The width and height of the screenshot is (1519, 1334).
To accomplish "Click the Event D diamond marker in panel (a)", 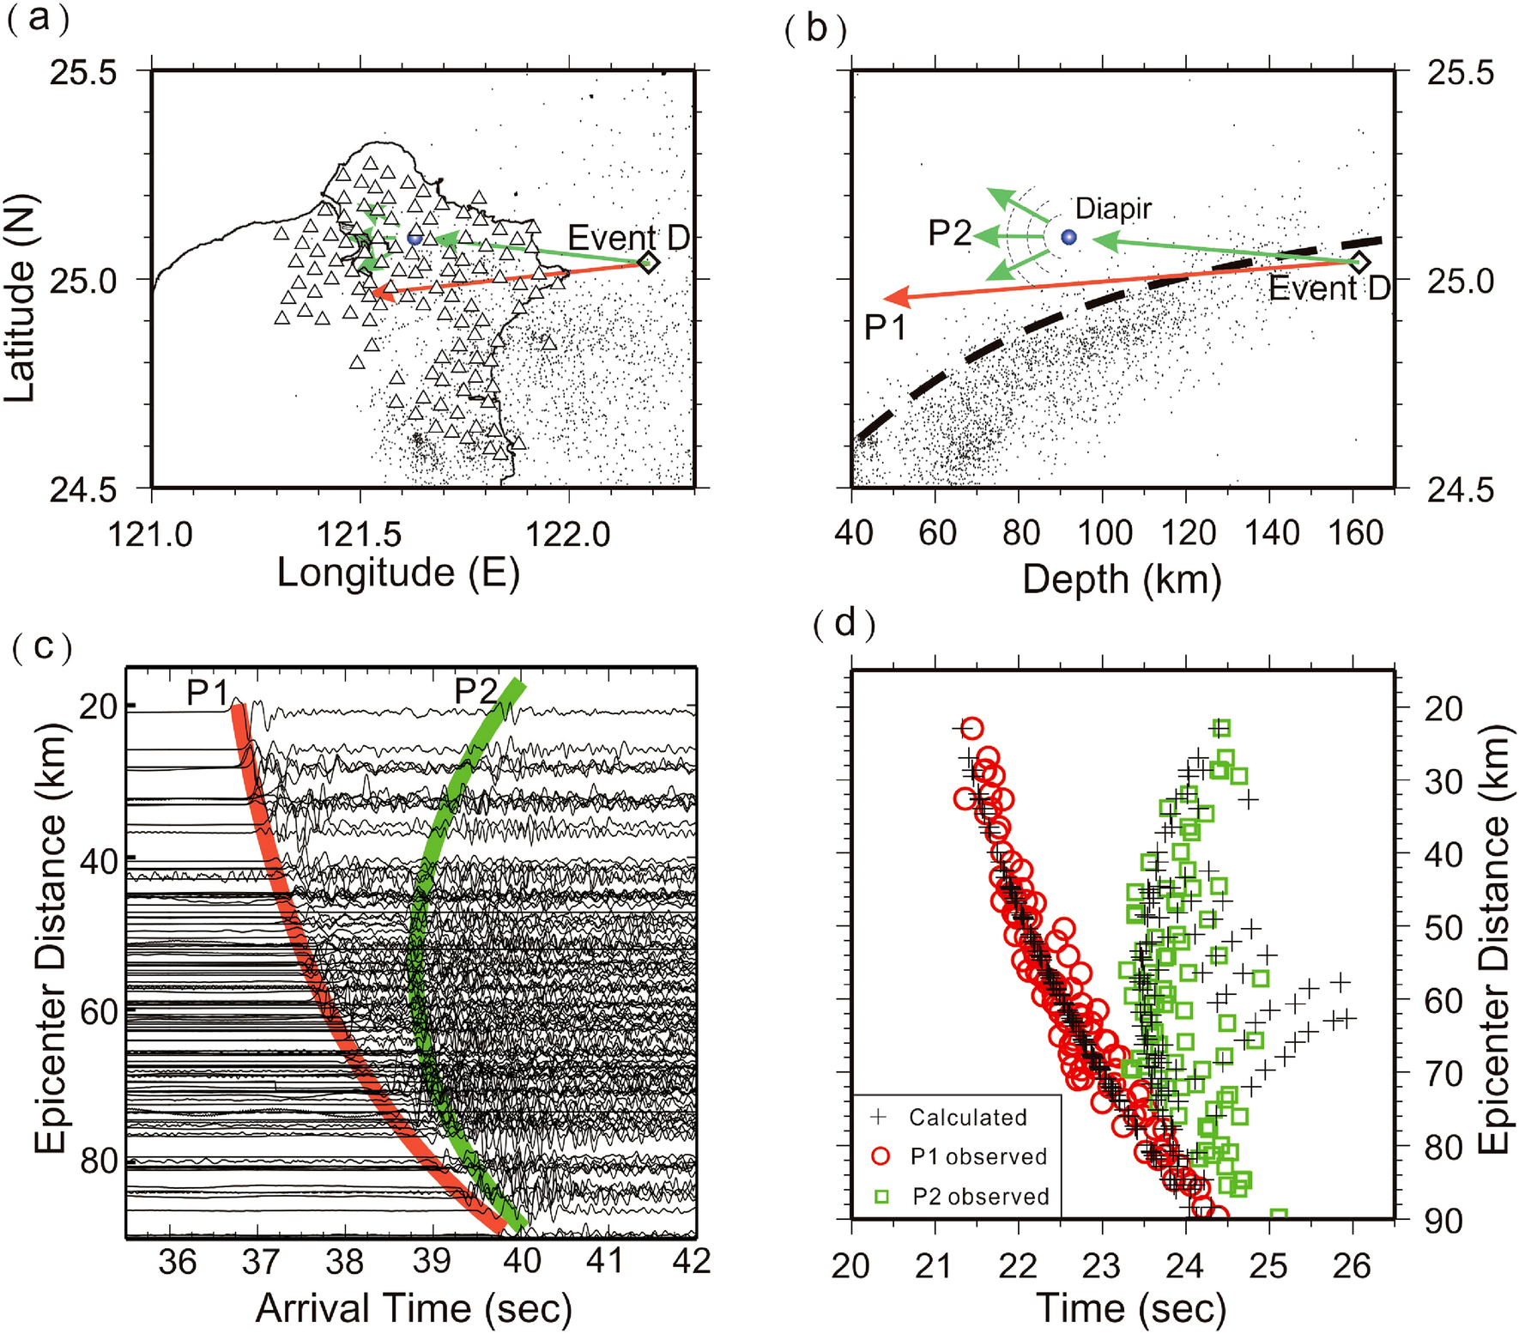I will click(649, 263).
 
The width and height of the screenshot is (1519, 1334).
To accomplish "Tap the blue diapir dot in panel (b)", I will click(1068, 237).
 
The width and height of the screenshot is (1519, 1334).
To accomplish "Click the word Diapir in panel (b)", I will click(1113, 209).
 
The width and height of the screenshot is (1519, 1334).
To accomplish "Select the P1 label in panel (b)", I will click(885, 327).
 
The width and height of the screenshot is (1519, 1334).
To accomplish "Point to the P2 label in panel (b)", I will click(950, 233).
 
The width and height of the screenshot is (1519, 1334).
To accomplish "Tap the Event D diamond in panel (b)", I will click(1359, 262).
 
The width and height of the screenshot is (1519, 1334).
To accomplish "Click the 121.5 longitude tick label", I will click(359, 535).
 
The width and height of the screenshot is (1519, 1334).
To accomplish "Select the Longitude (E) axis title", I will click(398, 573).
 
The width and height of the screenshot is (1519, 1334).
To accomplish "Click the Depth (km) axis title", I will click(1122, 579).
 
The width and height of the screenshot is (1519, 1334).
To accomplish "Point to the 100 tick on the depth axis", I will click(1104, 534).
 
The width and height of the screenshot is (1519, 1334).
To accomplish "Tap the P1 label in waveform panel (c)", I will click(207, 692).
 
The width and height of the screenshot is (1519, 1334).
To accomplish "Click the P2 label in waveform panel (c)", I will click(475, 690).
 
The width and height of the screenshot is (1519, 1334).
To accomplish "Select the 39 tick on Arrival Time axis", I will click(433, 1260).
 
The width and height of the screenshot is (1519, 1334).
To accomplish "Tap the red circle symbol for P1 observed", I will click(880, 1156).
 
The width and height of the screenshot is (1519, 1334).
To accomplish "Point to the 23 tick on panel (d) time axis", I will click(1101, 1266).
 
